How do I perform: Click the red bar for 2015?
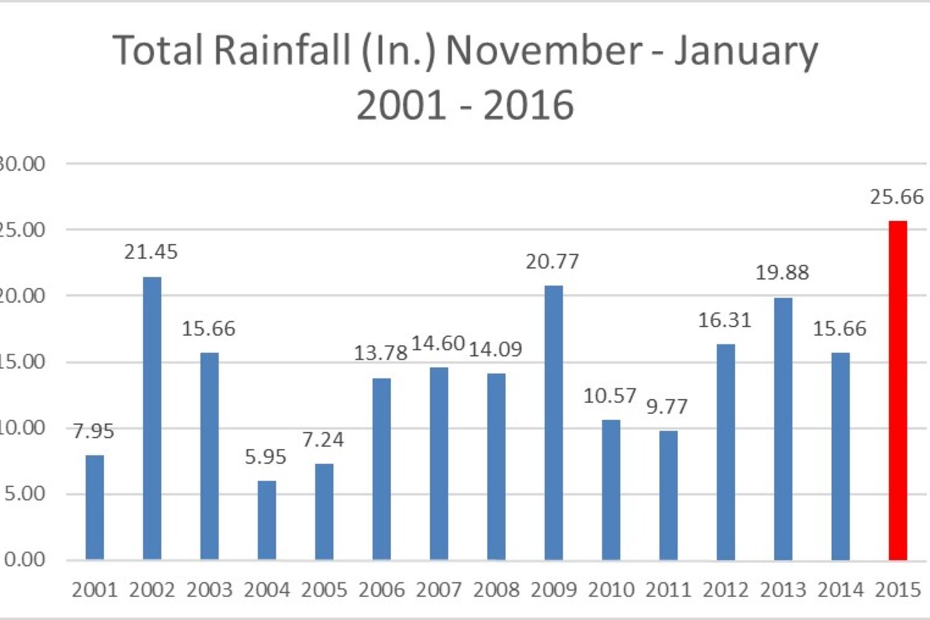click(x=897, y=391)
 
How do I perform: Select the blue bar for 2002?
click(x=152, y=418)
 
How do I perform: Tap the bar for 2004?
click(x=267, y=520)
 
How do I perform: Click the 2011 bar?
click(x=668, y=495)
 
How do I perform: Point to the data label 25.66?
click(x=897, y=197)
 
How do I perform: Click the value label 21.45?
click(x=151, y=252)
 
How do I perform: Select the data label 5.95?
click(x=265, y=458)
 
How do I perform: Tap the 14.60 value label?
click(x=438, y=343)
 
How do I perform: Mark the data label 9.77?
click(x=667, y=407)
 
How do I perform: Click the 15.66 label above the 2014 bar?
click(x=839, y=329)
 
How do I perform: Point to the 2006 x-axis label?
click(x=381, y=590)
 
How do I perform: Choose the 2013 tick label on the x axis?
click(x=783, y=590)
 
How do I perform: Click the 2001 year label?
click(x=95, y=590)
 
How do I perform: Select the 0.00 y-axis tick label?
click(x=25, y=560)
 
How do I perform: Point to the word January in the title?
click(x=746, y=51)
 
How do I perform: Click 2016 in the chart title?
click(x=528, y=105)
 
